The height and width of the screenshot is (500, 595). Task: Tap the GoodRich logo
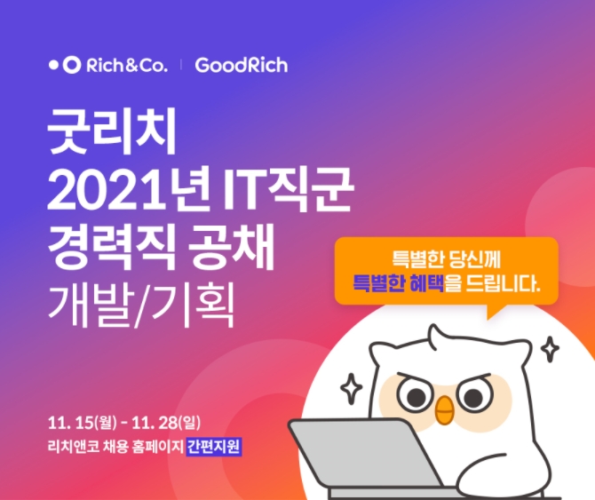[241, 65]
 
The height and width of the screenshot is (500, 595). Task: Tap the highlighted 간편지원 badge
[213, 446]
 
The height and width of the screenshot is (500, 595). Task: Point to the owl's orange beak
[444, 408]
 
